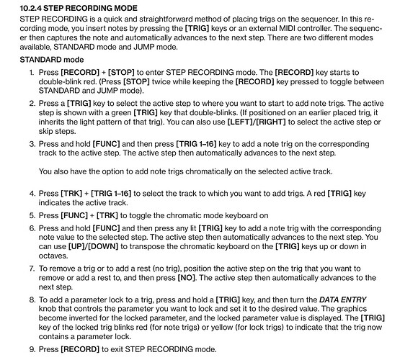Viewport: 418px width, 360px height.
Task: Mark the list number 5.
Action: (32, 214)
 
